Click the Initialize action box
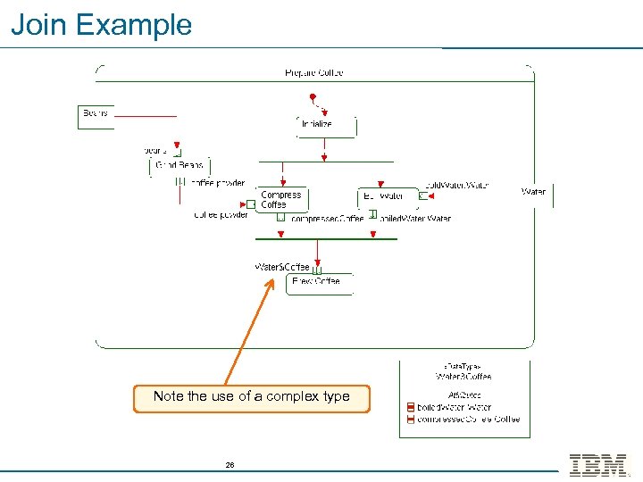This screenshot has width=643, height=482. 326,125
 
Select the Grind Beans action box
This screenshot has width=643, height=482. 179,165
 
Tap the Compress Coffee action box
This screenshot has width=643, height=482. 281,200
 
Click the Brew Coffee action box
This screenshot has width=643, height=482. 319,283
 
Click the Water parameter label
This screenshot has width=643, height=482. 533,192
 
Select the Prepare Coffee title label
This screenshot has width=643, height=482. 313,73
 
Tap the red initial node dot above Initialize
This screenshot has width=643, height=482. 312,96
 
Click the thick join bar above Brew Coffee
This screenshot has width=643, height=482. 326,238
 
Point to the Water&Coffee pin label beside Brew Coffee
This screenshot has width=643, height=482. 282,267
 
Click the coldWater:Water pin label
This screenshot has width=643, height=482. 456,186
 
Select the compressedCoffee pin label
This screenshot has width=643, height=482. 327,219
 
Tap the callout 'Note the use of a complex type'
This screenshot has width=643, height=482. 251,396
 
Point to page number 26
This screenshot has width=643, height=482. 230,465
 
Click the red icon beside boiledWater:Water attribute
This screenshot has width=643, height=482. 410,408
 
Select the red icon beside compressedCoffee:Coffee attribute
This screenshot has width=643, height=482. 410,420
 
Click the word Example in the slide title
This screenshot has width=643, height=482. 134,24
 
